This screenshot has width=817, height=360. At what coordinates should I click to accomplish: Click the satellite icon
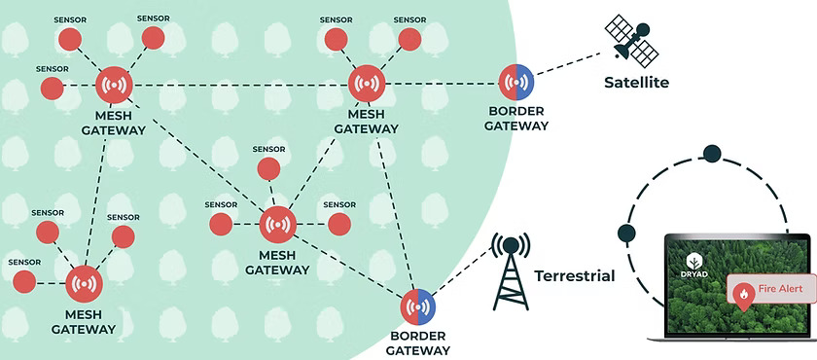point(631,40)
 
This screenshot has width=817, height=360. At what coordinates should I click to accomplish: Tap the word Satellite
point(636,83)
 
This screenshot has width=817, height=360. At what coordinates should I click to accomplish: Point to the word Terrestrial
point(574,275)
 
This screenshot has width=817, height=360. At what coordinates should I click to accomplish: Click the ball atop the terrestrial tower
point(511,244)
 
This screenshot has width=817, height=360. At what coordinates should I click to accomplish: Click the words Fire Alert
point(779,288)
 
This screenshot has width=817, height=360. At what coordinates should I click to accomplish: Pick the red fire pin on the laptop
point(743,297)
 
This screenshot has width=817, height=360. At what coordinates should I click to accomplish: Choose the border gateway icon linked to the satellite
point(515,83)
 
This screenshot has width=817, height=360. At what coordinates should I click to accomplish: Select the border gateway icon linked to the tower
point(418,306)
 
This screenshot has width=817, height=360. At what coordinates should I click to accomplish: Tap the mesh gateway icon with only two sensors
point(367,84)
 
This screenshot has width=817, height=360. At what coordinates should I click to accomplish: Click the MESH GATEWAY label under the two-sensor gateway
point(367,122)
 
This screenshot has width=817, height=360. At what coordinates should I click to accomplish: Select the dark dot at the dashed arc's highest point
point(712,153)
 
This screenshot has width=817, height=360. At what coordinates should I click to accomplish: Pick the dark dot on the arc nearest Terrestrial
point(625,233)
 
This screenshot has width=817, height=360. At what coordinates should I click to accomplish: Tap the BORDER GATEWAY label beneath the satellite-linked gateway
point(515,119)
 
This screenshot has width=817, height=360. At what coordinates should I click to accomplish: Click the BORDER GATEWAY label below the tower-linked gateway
point(418,342)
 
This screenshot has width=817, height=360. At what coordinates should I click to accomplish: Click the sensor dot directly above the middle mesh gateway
point(268,168)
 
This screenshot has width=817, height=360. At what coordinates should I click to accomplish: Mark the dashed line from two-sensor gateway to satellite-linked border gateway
point(442,84)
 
